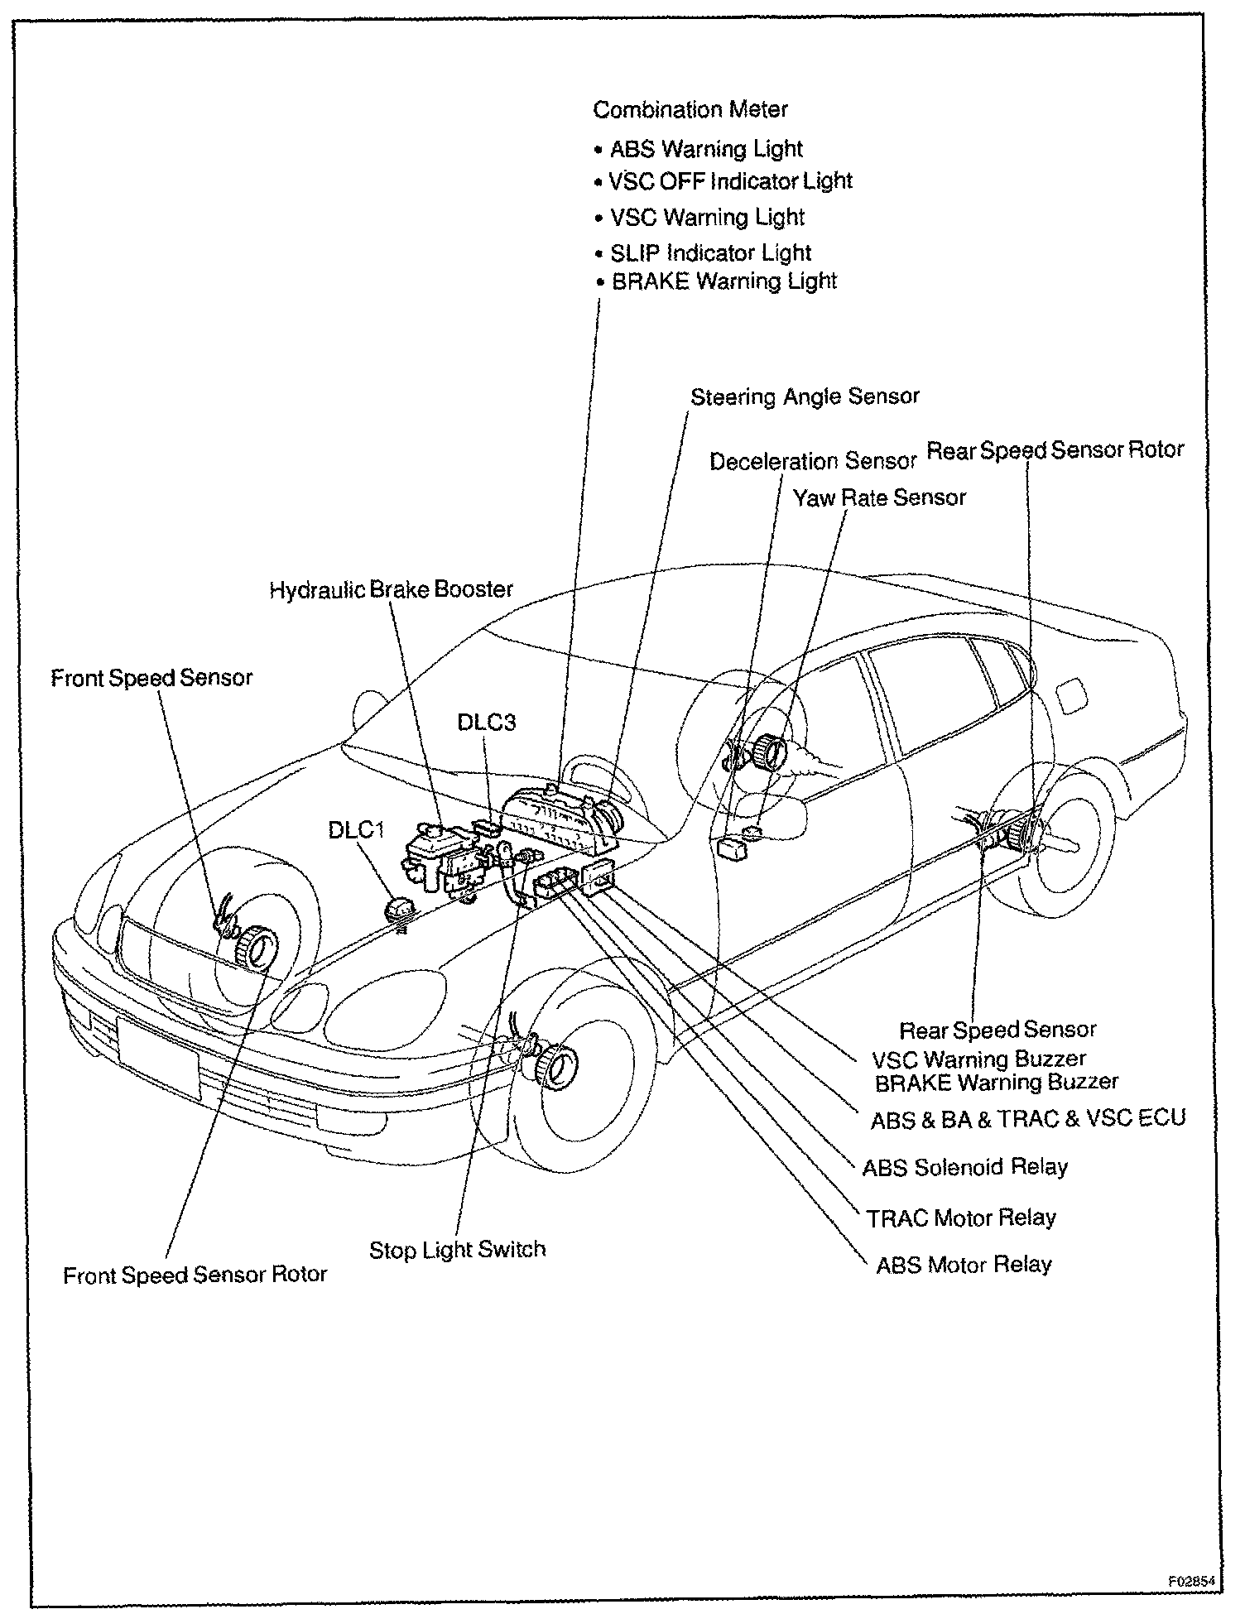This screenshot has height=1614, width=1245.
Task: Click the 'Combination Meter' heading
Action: [x=690, y=109]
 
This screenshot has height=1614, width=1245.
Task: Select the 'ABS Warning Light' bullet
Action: [x=706, y=149]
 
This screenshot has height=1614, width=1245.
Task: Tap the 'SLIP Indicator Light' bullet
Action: [x=710, y=252]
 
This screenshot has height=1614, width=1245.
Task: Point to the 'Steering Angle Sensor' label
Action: [x=805, y=397]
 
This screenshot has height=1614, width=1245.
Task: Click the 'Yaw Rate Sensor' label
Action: [x=879, y=498]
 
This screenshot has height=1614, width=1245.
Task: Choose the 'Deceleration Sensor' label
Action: [x=813, y=461]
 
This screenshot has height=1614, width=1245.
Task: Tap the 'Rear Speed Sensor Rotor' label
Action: [x=1055, y=450]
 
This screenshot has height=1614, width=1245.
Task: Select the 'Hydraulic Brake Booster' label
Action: [x=392, y=589]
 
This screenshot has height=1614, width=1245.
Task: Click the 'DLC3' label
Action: [x=487, y=722]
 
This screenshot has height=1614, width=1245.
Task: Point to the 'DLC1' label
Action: [x=357, y=829]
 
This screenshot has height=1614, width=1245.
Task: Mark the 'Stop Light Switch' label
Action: [x=458, y=1249]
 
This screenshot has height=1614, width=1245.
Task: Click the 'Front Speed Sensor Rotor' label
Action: [x=195, y=1275]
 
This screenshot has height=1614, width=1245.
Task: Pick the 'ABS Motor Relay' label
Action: [x=964, y=1265]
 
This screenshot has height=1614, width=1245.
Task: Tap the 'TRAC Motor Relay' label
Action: [x=961, y=1218]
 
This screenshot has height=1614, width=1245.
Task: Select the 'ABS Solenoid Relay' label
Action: [x=965, y=1167]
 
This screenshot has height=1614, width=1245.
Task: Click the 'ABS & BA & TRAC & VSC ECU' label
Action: [x=1028, y=1119]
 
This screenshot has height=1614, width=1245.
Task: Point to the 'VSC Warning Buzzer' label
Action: [x=979, y=1059]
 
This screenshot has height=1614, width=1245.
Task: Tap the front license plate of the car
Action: [x=158, y=1059]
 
